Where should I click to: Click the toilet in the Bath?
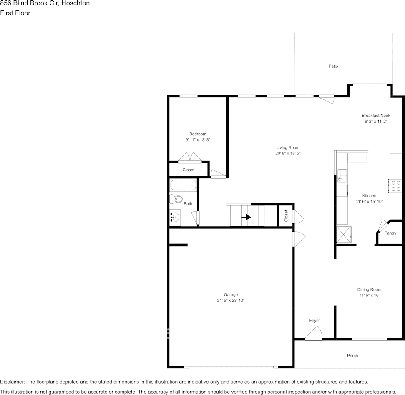(176, 199)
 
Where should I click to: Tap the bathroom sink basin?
(175, 217)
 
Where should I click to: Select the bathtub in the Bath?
(183, 185)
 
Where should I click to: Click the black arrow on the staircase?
(246, 217)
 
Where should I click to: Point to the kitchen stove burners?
(395, 186)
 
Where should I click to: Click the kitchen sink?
(342, 175)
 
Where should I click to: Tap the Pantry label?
(390, 233)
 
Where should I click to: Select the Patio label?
(333, 66)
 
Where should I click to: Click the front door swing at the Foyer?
(314, 333)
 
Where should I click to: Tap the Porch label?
(352, 356)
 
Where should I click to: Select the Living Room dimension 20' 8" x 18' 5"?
(288, 154)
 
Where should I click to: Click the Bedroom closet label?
(188, 170)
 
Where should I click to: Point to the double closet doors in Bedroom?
(190, 157)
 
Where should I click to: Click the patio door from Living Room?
(327, 99)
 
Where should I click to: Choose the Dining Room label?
(369, 289)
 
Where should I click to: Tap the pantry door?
(382, 226)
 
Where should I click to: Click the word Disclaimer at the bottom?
(12, 382)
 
